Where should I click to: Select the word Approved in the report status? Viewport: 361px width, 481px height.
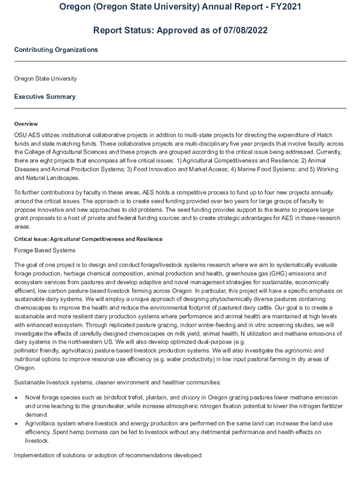click(176, 31)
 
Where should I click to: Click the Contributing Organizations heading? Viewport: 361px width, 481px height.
click(56, 50)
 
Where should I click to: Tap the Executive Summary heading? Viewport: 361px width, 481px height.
click(45, 97)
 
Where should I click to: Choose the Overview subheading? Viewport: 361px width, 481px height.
click(26, 124)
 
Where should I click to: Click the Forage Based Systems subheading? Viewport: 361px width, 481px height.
click(45, 250)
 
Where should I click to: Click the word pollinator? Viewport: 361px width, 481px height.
click(27, 350)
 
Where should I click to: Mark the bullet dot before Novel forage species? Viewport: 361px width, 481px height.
click(17, 397)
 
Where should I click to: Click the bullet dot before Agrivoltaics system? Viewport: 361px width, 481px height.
click(17, 424)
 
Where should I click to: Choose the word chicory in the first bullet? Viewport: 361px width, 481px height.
click(174, 397)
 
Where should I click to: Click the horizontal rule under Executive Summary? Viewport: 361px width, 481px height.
click(180, 109)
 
